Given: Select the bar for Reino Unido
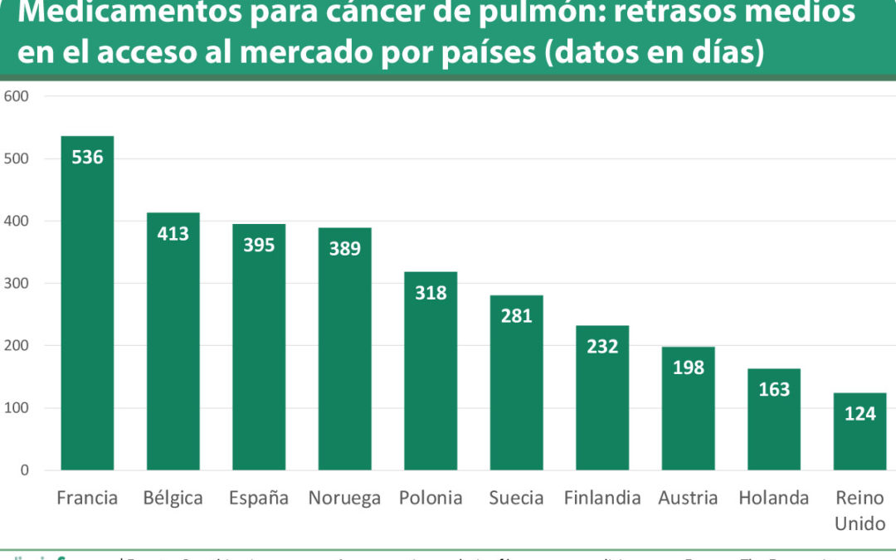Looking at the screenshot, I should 859,440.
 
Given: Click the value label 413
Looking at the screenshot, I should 173,234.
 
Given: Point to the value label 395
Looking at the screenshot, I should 259,245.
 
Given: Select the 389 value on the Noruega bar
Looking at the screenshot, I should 345,248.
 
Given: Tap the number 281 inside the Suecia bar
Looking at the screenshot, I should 516,316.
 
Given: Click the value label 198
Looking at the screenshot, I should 689,368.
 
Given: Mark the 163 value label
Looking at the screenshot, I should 774,389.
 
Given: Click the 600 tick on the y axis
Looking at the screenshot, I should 17,96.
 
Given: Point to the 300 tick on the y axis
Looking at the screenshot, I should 17,284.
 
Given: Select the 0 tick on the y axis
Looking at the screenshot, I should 24,470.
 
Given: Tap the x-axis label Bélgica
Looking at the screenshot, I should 173,498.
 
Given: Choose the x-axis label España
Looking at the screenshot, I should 259,498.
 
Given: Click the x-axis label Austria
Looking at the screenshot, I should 688,498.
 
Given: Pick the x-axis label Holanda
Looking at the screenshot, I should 774,498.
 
